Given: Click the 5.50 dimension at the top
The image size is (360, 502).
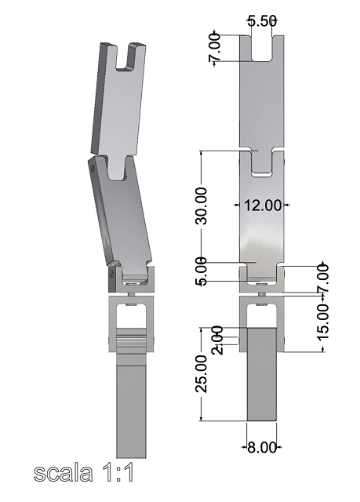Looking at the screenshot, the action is tap(262, 21).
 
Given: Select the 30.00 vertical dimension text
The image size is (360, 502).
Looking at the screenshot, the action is tap(202, 206).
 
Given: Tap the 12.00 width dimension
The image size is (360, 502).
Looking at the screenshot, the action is tap(263, 205).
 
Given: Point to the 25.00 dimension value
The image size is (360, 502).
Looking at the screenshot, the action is tap(202, 373).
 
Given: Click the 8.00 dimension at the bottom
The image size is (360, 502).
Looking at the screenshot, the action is tap(262, 447).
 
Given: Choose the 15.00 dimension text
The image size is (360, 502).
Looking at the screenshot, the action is tap(323, 322).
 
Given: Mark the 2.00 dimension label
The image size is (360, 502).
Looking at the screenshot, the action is tap(217, 340).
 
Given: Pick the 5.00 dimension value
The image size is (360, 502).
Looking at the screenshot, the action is tap(202, 271).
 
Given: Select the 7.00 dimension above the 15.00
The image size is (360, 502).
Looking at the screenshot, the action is tap(323, 278).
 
